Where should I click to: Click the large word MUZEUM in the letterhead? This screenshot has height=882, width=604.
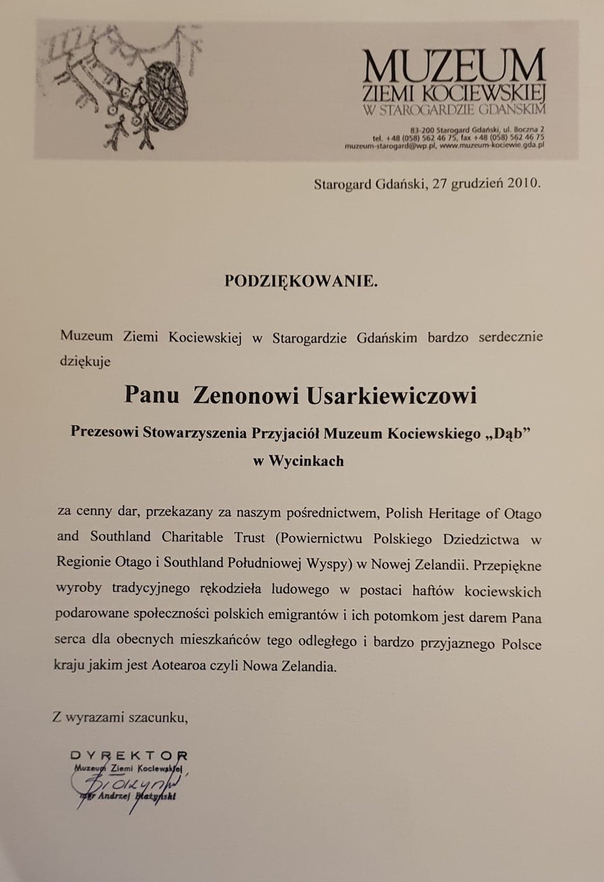454,66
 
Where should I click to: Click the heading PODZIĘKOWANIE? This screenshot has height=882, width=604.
301,281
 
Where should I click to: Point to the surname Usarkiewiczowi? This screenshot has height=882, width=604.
392,396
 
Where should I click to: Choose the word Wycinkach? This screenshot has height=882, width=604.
306,461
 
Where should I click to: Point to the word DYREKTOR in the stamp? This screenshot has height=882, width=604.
129,756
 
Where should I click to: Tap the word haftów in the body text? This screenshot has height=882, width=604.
433,590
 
